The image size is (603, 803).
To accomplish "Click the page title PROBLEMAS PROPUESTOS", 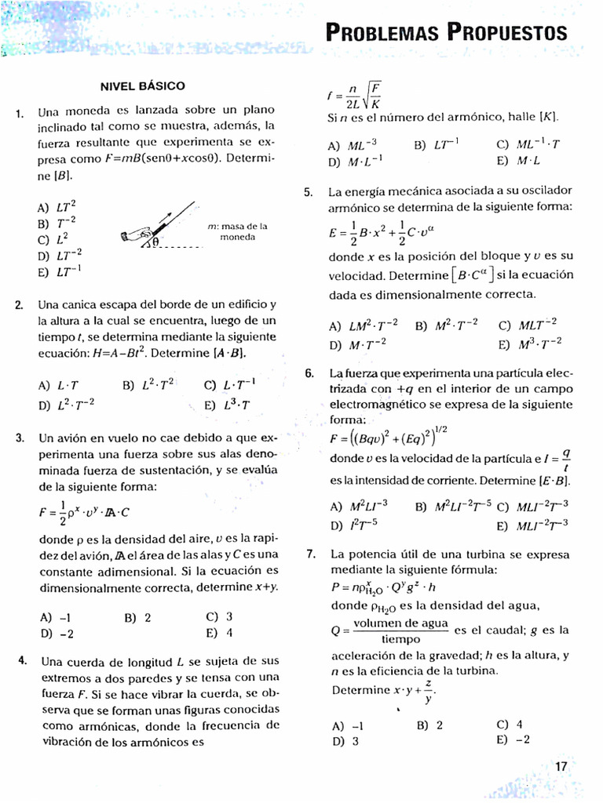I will [445, 32].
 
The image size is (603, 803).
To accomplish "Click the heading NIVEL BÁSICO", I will [142, 85].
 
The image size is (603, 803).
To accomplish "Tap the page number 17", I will [561, 767].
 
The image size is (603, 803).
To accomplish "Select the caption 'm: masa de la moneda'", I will [238, 231].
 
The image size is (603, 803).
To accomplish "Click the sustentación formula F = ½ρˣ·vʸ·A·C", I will [85, 512].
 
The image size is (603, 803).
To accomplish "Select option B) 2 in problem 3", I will [137, 617].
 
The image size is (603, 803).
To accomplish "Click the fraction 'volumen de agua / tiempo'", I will [400, 630].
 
